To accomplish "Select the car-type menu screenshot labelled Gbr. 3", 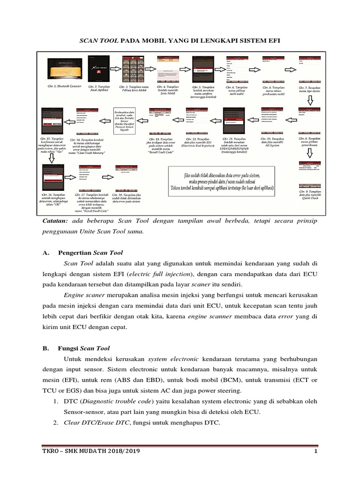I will coord(132,69).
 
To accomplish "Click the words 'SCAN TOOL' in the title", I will coord(99,41).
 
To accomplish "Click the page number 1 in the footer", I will coord(316,451).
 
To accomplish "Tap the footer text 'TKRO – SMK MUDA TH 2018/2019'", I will coord(90,451).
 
